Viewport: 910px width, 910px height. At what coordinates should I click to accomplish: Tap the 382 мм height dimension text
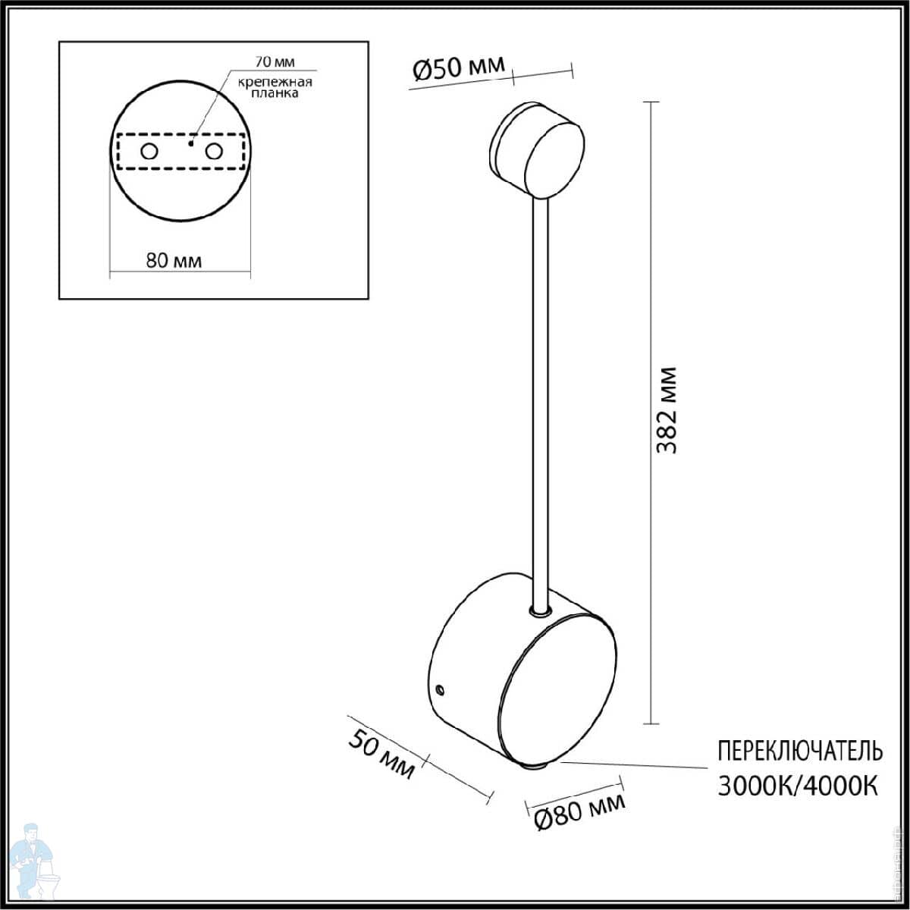[x=667, y=410]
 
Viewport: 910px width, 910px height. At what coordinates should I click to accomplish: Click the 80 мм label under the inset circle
[x=174, y=260]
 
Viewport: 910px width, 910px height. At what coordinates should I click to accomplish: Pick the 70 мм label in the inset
[x=275, y=61]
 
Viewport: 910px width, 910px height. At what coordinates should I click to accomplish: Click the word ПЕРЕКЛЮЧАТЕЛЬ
[x=800, y=752]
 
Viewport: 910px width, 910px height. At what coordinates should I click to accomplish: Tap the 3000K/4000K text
[x=798, y=786]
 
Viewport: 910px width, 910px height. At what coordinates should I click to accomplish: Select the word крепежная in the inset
[x=275, y=82]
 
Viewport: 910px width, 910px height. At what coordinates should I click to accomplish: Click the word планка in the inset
[x=275, y=93]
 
